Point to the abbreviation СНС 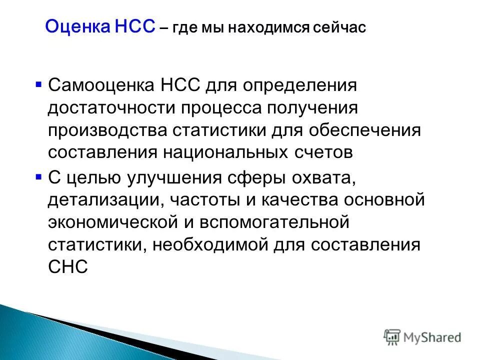[68, 267]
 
